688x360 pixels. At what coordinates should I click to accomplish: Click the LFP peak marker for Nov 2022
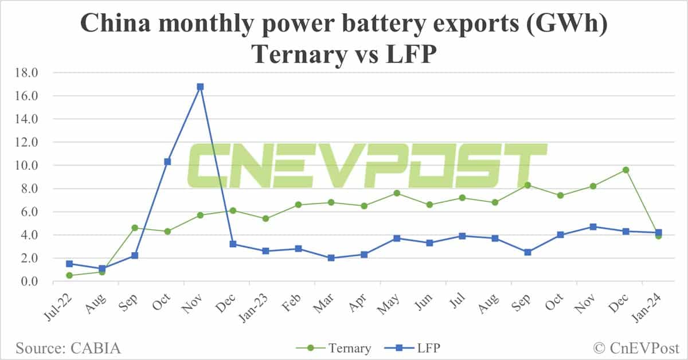click(200, 87)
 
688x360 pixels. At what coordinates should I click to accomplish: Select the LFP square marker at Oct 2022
click(167, 162)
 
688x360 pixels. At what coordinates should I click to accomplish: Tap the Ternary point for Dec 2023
click(626, 170)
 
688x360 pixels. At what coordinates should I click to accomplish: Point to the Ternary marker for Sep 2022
click(135, 228)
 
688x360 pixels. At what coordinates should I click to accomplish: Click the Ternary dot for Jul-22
click(69, 275)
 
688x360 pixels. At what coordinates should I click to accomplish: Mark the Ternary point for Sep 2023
click(527, 185)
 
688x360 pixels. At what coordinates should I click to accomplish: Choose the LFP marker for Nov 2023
click(593, 226)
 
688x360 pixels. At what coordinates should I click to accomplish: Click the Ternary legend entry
click(334, 348)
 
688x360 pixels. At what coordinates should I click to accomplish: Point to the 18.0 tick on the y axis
click(27, 73)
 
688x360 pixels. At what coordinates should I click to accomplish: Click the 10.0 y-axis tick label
click(27, 166)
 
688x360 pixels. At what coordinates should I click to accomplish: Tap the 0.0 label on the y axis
click(30, 281)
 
